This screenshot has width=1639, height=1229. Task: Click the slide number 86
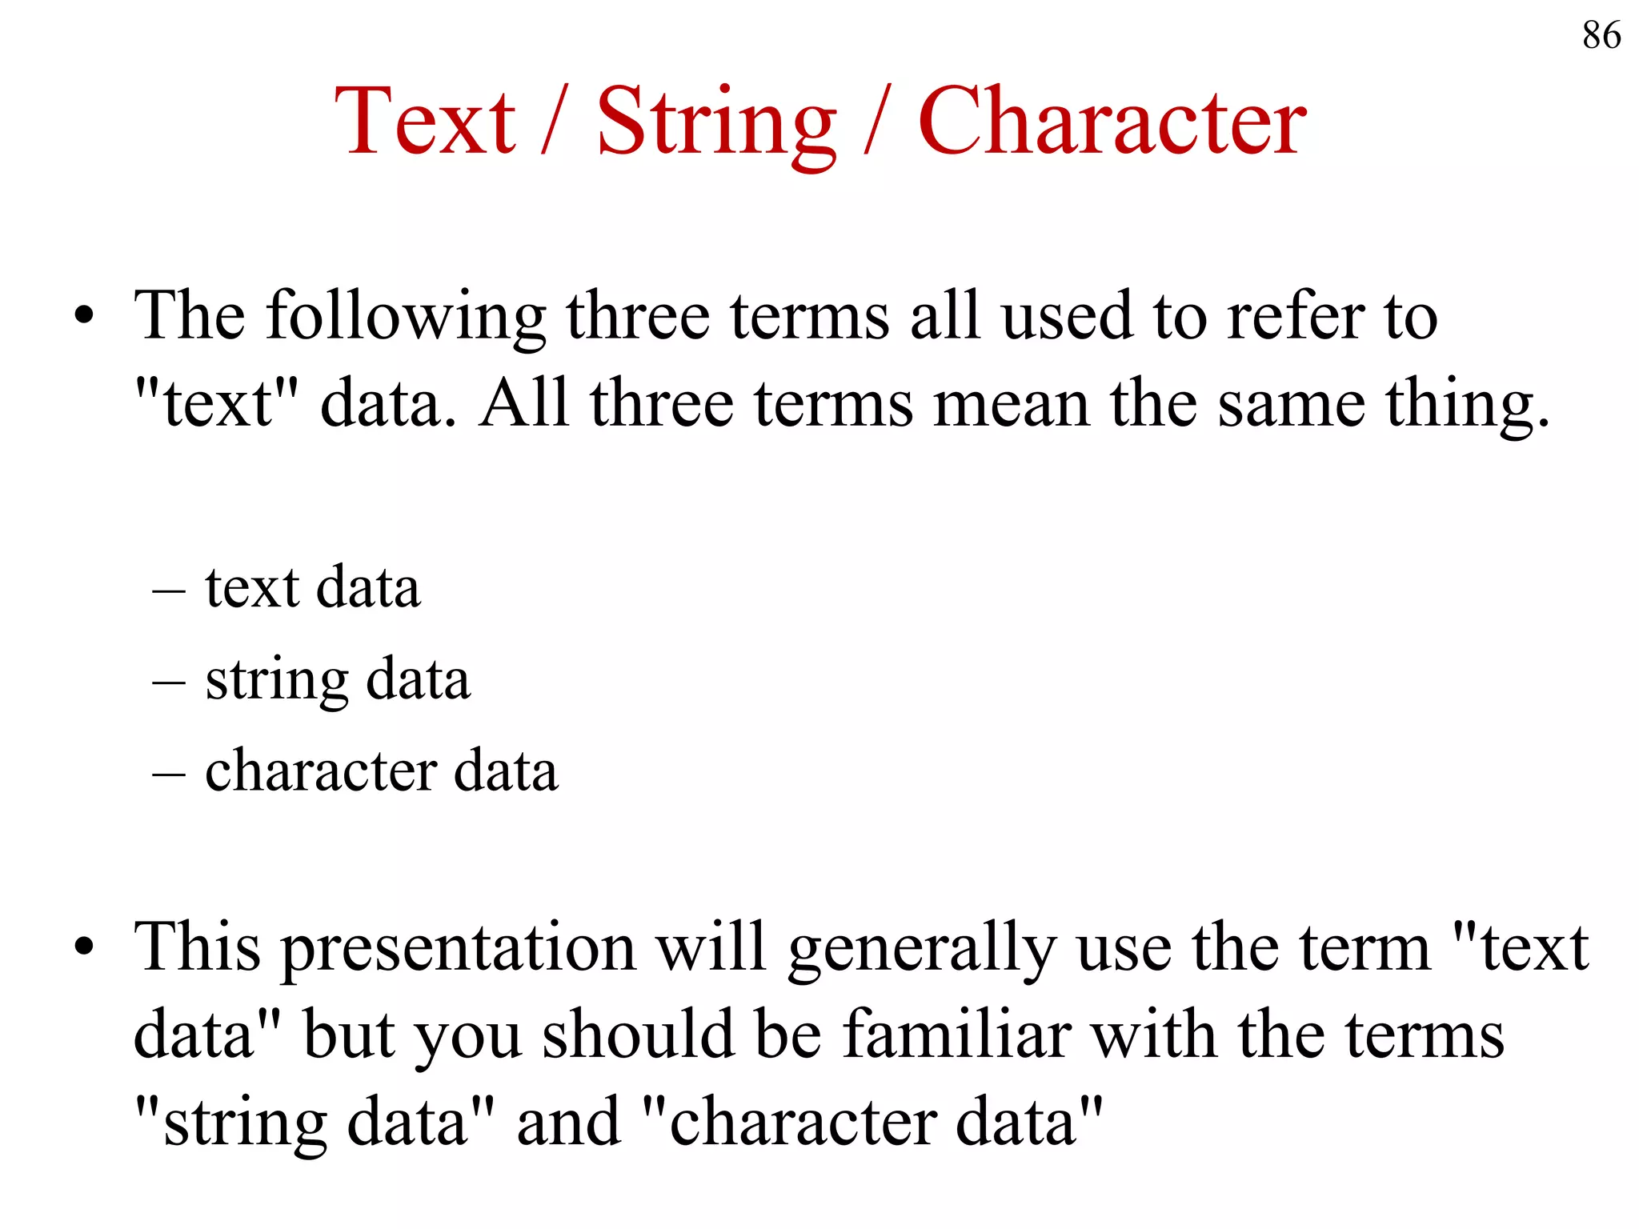1601,36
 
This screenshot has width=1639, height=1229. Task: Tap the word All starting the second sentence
523,403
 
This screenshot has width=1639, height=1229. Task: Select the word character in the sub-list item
320,771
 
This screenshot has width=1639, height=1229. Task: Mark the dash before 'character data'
169,775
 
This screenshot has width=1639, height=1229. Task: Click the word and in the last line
568,1122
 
